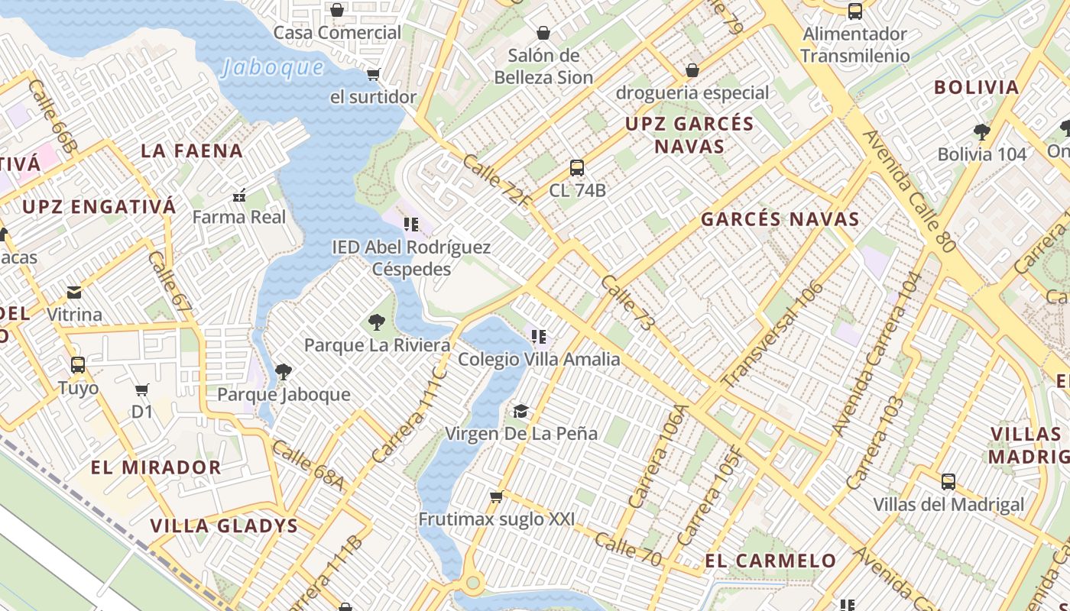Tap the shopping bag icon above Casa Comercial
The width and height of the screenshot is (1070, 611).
tap(336, 10)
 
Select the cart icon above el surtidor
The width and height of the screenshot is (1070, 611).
tap(373, 74)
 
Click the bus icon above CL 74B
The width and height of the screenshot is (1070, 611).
tap(577, 167)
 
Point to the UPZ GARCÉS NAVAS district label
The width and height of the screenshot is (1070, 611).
tap(689, 134)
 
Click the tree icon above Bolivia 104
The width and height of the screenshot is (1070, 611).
tap(982, 131)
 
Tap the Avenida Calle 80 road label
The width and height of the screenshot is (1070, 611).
tap(909, 191)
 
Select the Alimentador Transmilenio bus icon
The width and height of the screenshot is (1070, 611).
tap(855, 11)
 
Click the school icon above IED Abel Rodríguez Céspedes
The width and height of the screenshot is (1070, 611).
tap(411, 225)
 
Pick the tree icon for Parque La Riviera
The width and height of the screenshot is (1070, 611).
tap(376, 322)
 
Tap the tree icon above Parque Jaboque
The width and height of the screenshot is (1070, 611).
tap(283, 372)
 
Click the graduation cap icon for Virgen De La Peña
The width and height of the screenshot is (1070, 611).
tap(520, 412)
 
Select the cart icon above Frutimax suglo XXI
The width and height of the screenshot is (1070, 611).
tap(496, 497)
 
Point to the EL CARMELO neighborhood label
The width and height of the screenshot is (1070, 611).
tap(770, 561)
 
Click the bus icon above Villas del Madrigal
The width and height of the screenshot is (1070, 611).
tap(948, 482)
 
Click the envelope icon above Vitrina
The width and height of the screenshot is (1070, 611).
tap(74, 293)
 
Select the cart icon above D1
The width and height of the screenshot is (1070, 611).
tap(141, 390)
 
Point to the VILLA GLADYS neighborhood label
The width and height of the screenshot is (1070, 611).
tap(224, 525)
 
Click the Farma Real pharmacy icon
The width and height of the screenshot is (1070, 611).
tap(238, 196)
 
